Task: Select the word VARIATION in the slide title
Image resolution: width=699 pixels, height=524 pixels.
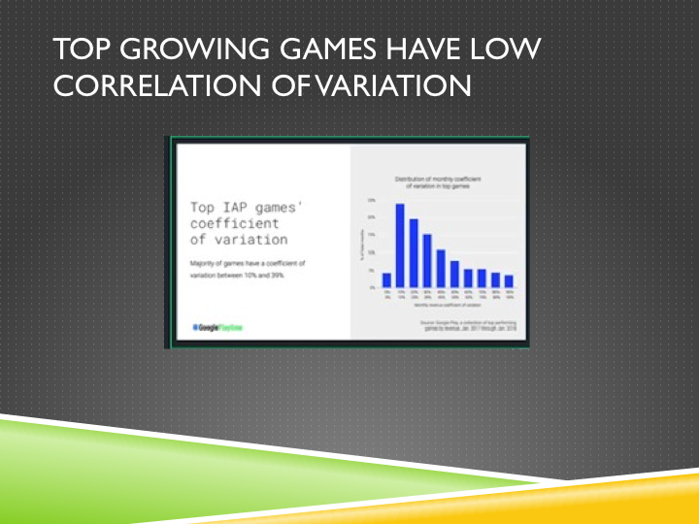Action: tap(390, 86)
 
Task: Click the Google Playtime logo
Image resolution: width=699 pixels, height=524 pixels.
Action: tap(217, 328)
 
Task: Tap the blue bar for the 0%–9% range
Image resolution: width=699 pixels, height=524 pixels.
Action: tap(386, 279)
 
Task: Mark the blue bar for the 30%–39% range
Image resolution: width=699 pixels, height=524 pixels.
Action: tap(426, 260)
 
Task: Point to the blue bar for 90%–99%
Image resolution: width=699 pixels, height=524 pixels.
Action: tap(508, 280)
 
